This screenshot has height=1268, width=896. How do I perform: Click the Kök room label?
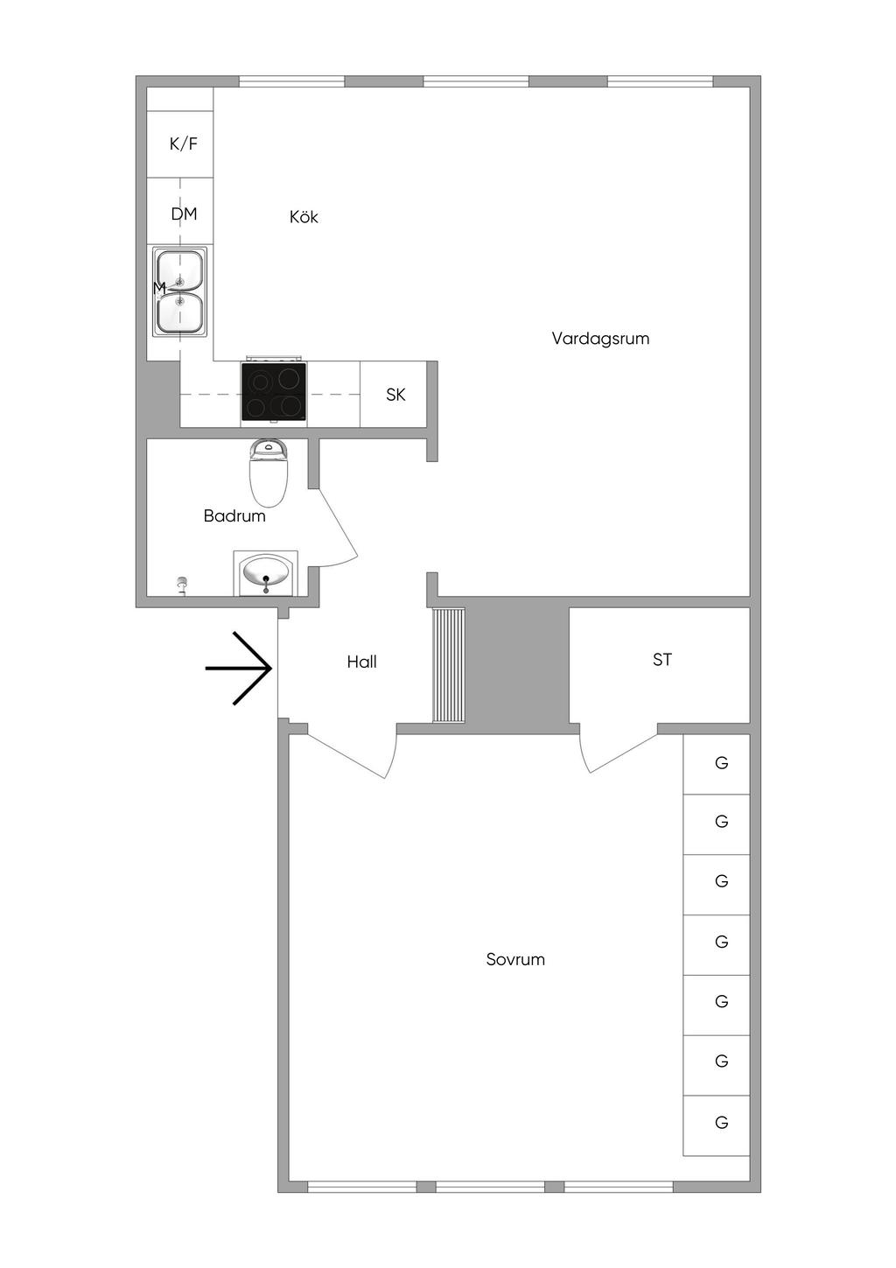click(x=304, y=217)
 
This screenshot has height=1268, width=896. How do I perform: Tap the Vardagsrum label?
click(x=600, y=339)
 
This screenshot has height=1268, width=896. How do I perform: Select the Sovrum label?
click(x=515, y=959)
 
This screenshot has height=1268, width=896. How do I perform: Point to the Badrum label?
click(x=234, y=515)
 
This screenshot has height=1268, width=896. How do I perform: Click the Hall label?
click(x=361, y=662)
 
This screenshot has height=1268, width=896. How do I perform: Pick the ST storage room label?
click(x=662, y=660)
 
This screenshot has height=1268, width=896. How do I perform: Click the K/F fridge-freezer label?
click(x=184, y=144)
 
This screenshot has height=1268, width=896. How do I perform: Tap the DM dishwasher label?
click(x=184, y=214)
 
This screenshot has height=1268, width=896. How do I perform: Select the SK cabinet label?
click(x=395, y=395)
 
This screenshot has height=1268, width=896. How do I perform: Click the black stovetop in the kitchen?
click(x=274, y=392)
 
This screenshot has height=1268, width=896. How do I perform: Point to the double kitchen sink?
click(x=179, y=291)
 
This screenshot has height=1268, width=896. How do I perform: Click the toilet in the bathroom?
click(x=269, y=473)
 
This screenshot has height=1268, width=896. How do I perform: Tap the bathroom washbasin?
click(x=266, y=573)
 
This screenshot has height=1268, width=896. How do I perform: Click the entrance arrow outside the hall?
click(x=239, y=669)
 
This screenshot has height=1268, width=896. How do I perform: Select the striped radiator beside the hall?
click(x=448, y=665)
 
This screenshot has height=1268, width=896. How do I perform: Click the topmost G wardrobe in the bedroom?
click(x=717, y=764)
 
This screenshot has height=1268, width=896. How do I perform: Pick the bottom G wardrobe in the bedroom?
click(x=717, y=1124)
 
